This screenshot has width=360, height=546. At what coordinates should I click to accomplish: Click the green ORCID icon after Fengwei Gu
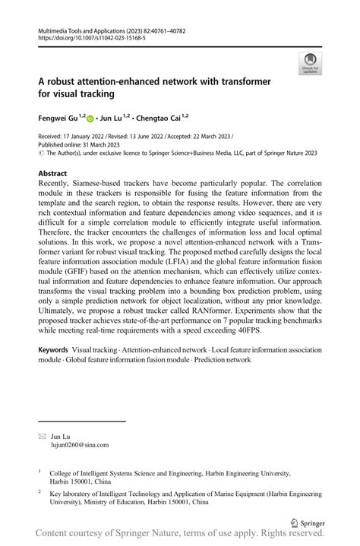[90, 118]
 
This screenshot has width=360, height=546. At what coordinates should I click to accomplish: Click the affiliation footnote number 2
[39, 491]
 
